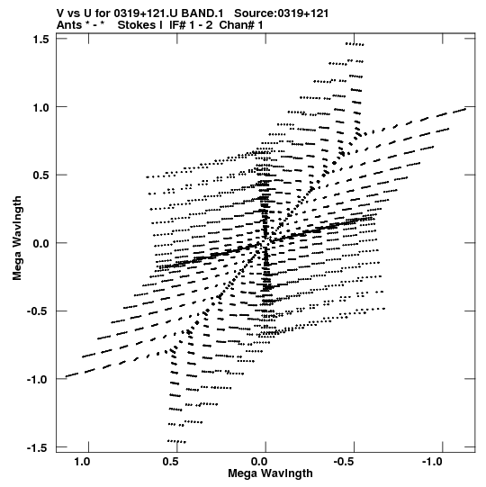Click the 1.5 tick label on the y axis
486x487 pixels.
pyautogui.click(x=41, y=40)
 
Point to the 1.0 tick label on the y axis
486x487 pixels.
pyautogui.click(x=41, y=107)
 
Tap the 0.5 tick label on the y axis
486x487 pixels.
pyautogui.click(x=41, y=176)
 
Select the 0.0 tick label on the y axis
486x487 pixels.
pyautogui.click(x=41, y=243)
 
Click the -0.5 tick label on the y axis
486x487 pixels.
pyautogui.click(x=39, y=311)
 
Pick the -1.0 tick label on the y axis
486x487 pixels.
pyautogui.click(x=39, y=380)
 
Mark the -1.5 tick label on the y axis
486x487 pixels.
pyautogui.click(x=39, y=448)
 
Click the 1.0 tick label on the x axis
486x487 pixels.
pyautogui.click(x=82, y=462)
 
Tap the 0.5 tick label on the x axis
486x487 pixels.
pyautogui.click(x=170, y=462)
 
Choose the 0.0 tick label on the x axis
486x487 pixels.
pyautogui.click(x=259, y=462)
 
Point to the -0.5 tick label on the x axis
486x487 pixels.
pyautogui.click(x=345, y=462)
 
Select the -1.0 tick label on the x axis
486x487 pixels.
pyautogui.click(x=433, y=462)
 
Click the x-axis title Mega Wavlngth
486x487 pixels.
pyautogui.click(x=270, y=473)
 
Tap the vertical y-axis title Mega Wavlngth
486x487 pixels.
pyautogui.click(x=17, y=239)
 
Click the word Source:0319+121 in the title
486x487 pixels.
pyautogui.click(x=281, y=14)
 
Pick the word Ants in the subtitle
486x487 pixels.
pyautogui.click(x=69, y=25)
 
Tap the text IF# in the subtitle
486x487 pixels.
pyautogui.click(x=177, y=25)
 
